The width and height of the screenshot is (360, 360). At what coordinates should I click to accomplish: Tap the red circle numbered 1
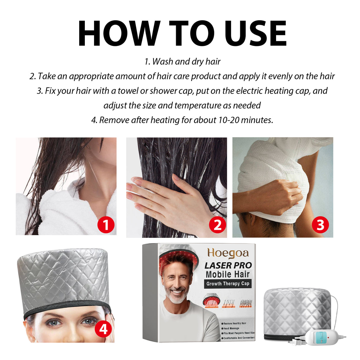pyautogui.click(x=106, y=225)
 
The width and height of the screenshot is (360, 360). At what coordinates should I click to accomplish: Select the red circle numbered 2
pyautogui.click(x=217, y=225)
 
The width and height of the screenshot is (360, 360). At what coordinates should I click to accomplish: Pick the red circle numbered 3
pyautogui.click(x=320, y=225)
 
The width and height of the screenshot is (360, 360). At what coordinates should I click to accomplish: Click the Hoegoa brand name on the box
pyautogui.click(x=228, y=253)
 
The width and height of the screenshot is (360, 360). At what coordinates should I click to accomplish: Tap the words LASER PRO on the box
pyautogui.click(x=228, y=265)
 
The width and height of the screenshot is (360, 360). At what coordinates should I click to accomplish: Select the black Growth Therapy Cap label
pyautogui.click(x=228, y=284)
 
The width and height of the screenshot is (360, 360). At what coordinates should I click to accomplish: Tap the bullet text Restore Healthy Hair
pyautogui.click(x=235, y=323)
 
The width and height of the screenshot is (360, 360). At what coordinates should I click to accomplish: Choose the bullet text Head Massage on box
pyautogui.click(x=232, y=328)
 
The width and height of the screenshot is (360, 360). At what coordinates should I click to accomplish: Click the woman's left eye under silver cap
pyautogui.click(x=88, y=321)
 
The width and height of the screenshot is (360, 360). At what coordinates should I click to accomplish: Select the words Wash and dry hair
pyautogui.click(x=186, y=62)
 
